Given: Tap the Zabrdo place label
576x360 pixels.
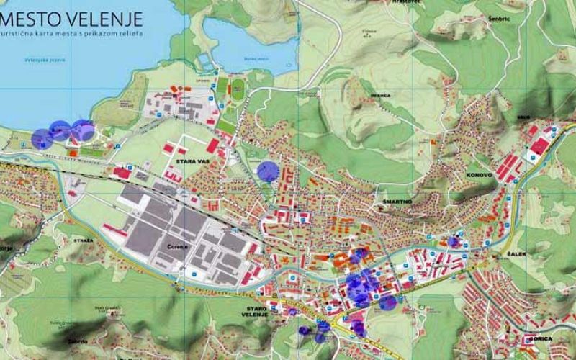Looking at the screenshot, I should click(77, 341).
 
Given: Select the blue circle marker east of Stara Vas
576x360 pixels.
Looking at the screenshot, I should click(268, 171).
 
